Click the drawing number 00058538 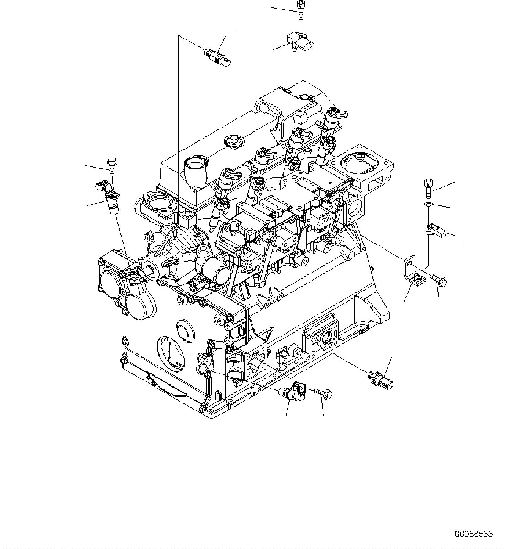click(474, 534)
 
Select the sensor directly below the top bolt click(301, 41)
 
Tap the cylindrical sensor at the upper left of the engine click(218, 57)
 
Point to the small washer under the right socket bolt click(427, 205)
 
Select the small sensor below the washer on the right click(436, 231)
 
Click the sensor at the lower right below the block click(381, 379)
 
